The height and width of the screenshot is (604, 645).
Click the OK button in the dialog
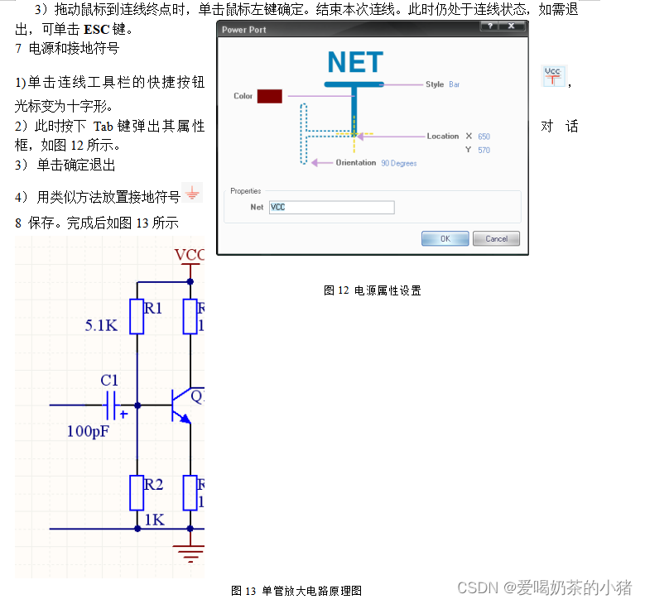tap(445, 239)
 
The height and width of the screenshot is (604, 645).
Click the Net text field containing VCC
tap(332, 207)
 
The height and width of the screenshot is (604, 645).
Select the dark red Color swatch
tap(270, 96)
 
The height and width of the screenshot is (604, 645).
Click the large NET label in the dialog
tap(355, 63)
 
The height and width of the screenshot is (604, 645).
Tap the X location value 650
tap(484, 137)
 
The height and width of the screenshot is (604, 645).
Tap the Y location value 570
tap(484, 150)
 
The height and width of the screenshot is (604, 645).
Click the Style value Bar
tap(454, 84)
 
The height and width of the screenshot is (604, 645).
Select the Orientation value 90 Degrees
tap(399, 163)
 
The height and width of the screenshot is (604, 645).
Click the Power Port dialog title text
tap(244, 30)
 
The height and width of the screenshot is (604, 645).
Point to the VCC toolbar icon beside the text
tap(552, 76)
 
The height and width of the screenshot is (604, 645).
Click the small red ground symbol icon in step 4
tap(192, 194)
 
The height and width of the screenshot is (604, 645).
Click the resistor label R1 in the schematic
tap(153, 308)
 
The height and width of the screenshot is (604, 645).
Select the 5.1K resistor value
tap(101, 326)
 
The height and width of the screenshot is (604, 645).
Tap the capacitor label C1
tap(109, 381)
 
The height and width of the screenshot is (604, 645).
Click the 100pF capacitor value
tap(88, 431)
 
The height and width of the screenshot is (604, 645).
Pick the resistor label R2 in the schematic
tap(153, 485)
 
